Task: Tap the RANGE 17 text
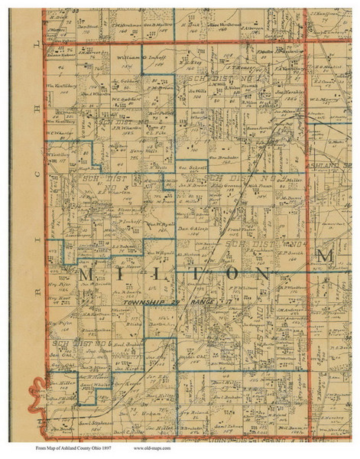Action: [205, 304]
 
